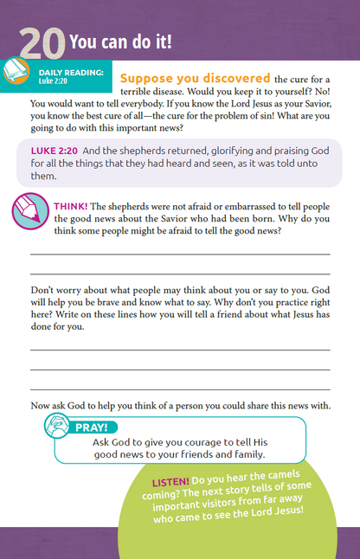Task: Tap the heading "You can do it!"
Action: (x=120, y=42)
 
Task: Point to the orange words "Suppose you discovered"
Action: (x=183, y=78)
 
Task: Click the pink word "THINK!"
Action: (x=70, y=206)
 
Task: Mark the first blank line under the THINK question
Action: (x=180, y=254)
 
